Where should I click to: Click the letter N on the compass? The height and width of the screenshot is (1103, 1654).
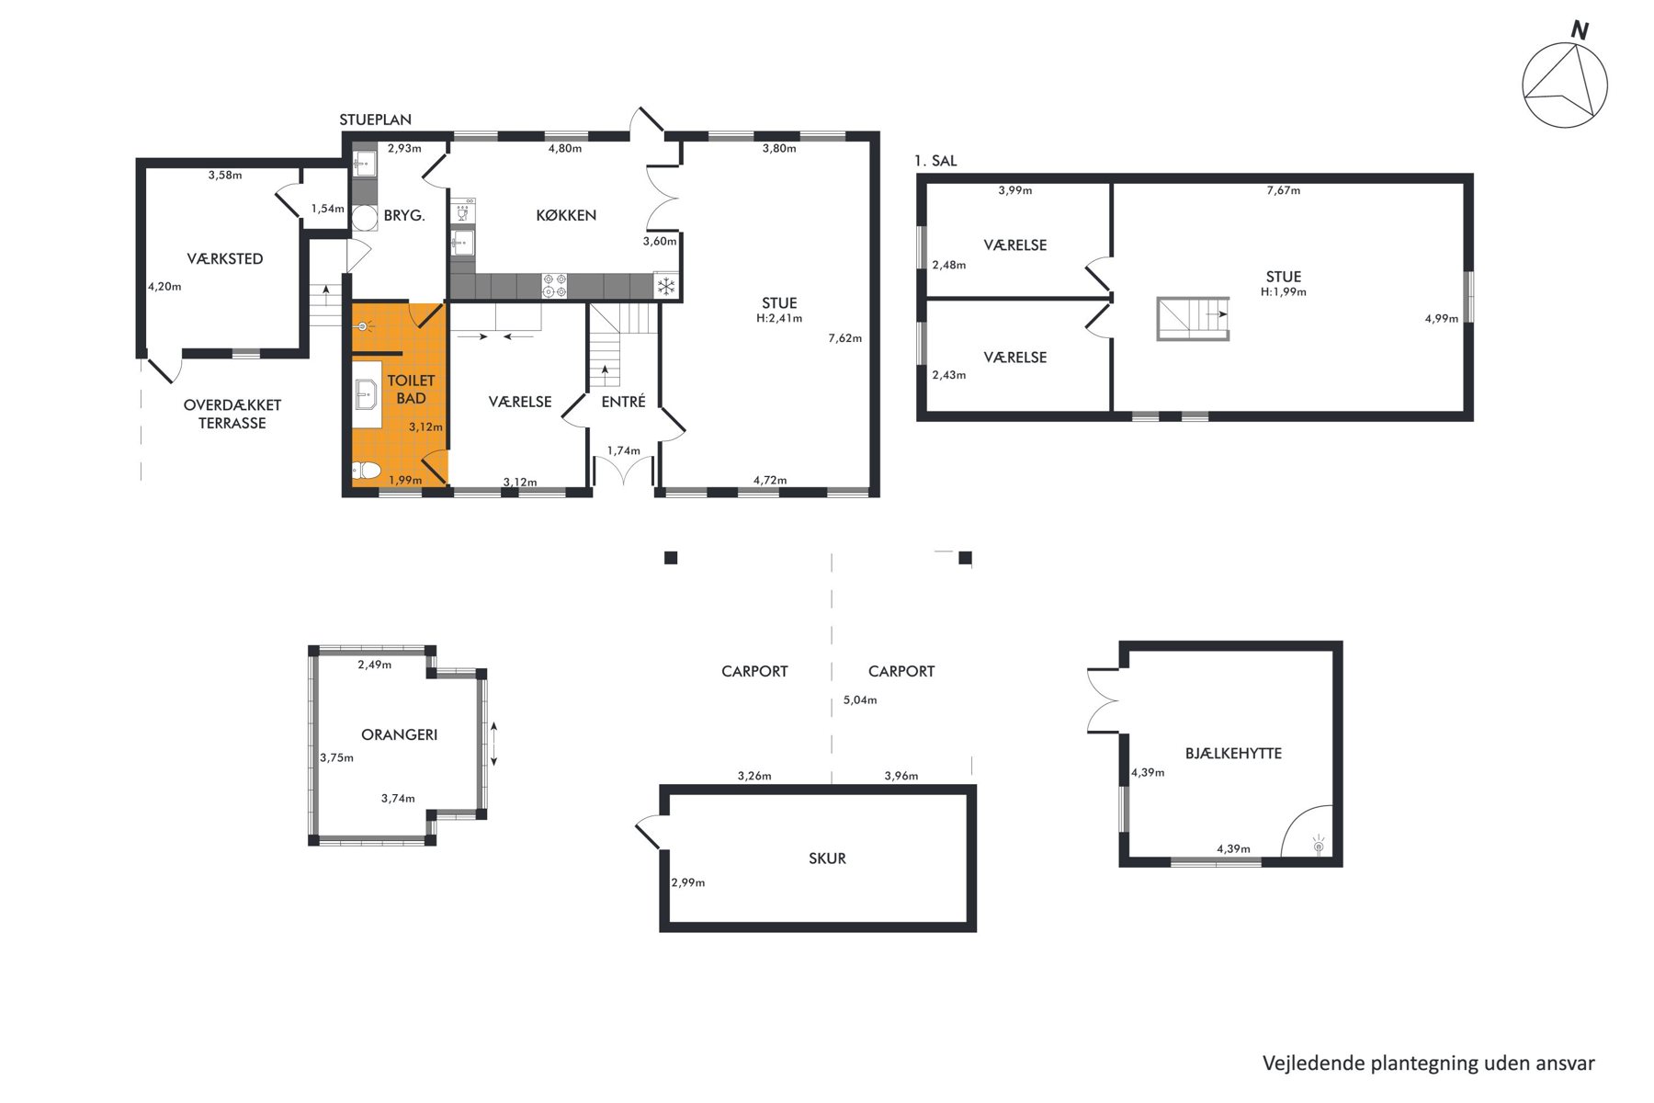click(x=1580, y=30)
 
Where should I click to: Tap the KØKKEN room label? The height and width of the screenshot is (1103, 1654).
click(x=566, y=215)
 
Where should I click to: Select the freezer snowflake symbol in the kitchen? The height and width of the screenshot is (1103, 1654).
click(x=665, y=286)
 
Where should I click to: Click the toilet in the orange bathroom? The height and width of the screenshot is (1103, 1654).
click(x=366, y=472)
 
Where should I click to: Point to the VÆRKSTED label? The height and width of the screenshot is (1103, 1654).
click(x=225, y=258)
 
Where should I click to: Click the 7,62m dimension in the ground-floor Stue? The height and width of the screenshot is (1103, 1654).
click(x=845, y=338)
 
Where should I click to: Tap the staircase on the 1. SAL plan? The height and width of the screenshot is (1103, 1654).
click(x=1193, y=319)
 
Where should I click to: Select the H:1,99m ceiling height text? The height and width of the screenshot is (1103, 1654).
click(x=1284, y=292)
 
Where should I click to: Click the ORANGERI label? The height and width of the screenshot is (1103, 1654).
click(x=400, y=734)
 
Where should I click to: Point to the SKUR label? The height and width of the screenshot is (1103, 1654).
click(x=827, y=859)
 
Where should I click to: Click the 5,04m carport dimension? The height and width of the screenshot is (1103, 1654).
click(x=860, y=700)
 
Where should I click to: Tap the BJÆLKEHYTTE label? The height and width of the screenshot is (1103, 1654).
click(x=1233, y=753)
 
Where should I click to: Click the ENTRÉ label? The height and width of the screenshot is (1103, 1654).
click(x=624, y=402)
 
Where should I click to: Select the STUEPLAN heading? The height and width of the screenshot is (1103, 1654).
click(x=375, y=119)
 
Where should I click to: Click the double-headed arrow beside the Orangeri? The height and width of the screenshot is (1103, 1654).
click(x=494, y=744)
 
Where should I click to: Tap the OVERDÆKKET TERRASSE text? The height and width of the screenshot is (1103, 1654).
click(x=232, y=414)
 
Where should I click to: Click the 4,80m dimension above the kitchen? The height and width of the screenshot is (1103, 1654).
click(x=565, y=148)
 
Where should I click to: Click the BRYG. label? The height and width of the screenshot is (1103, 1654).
click(x=404, y=215)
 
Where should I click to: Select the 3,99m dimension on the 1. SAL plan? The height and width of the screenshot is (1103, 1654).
click(x=1015, y=190)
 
